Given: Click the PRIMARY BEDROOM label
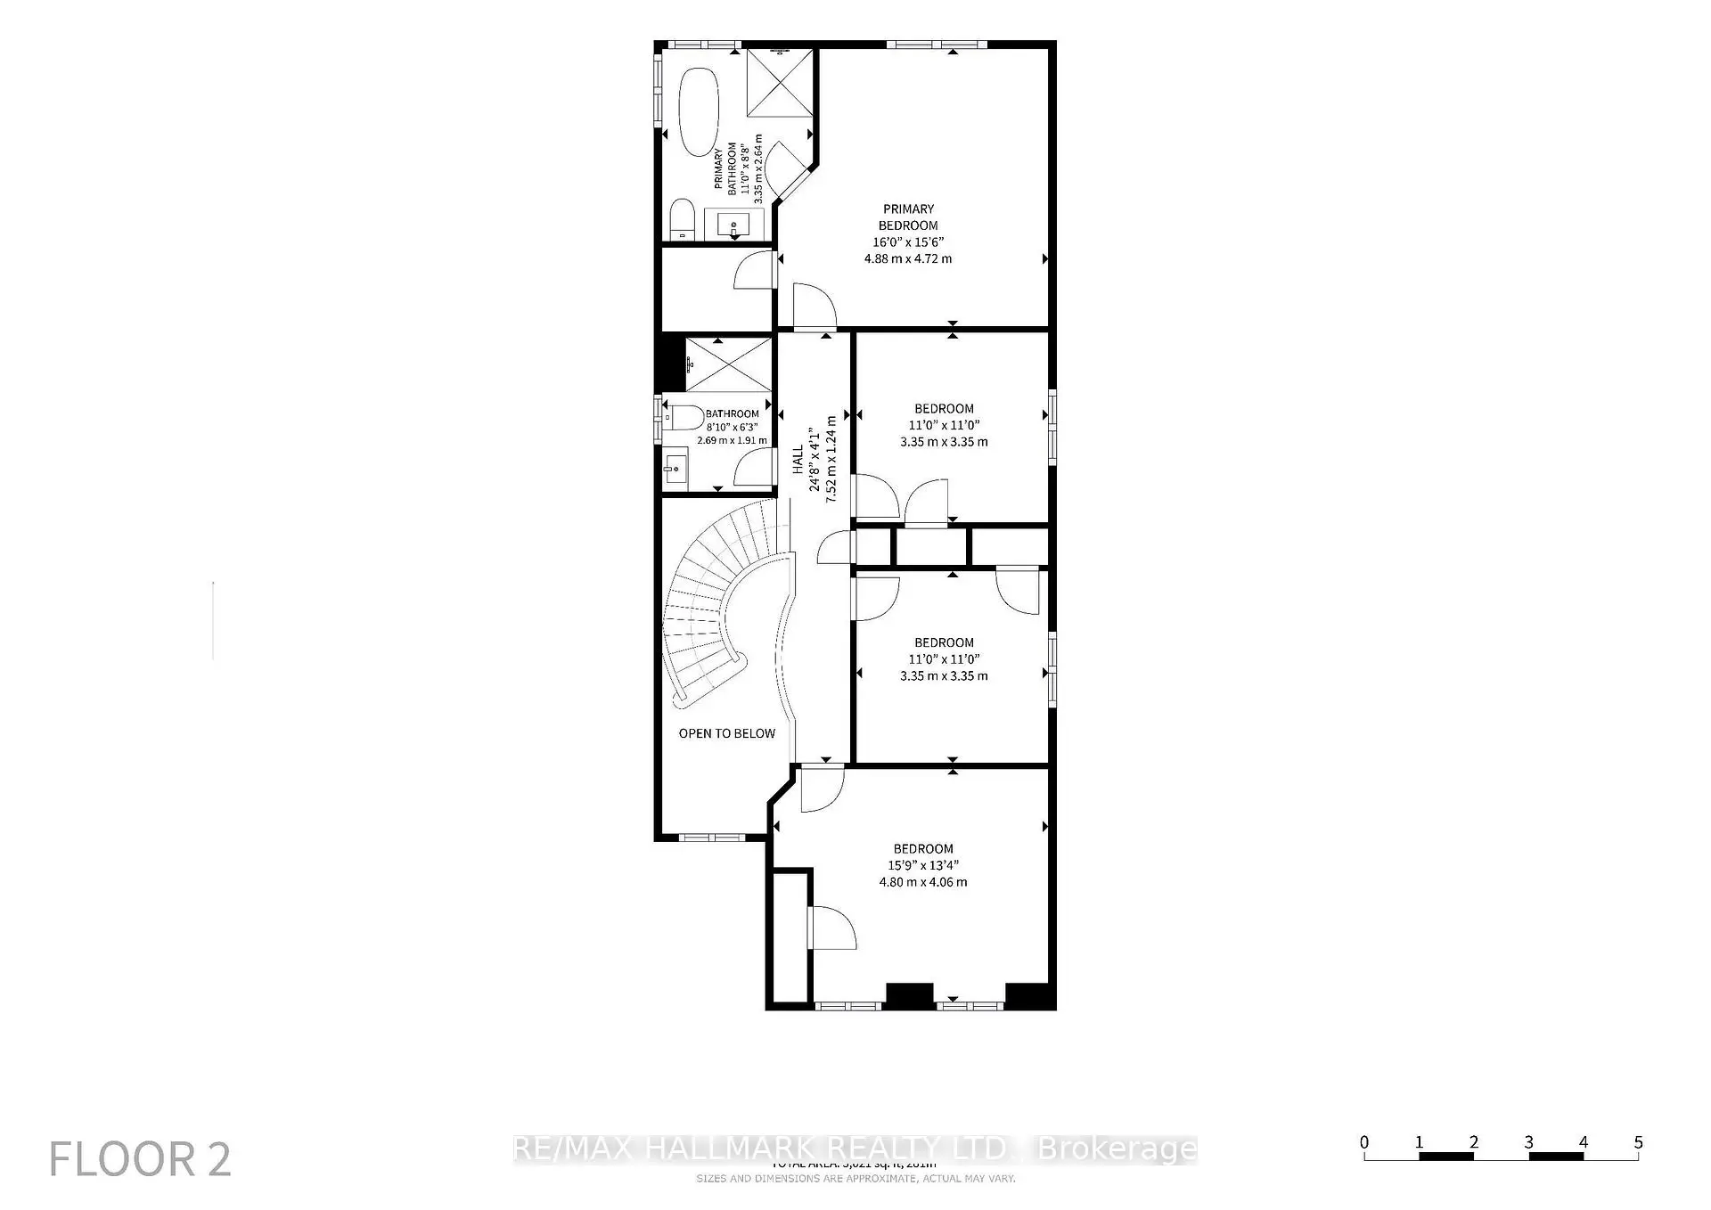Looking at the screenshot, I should [x=908, y=217].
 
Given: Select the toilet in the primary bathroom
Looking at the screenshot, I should [x=682, y=219].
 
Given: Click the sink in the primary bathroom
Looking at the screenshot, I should [x=734, y=224].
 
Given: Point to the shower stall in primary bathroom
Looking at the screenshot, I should [x=780, y=83].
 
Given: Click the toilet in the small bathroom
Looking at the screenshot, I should [x=684, y=417].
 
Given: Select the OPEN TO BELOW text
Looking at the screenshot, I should [x=726, y=733].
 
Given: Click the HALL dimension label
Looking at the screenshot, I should [x=815, y=459].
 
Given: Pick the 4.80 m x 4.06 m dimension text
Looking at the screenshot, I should [x=923, y=882].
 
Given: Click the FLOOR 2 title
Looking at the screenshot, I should [x=140, y=1159].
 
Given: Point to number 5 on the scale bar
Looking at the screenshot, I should [x=1638, y=1142].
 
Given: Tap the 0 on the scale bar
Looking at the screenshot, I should [x=1363, y=1142].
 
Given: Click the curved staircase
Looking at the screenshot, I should [x=713, y=606].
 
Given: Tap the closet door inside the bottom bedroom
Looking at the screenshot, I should [x=831, y=928].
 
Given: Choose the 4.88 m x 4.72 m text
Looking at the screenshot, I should [x=908, y=258].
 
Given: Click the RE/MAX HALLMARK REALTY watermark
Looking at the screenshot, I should [x=855, y=1149].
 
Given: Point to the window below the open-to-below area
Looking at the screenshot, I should [x=711, y=838].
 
